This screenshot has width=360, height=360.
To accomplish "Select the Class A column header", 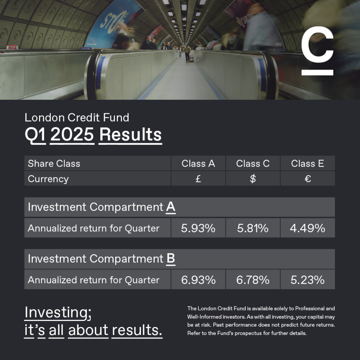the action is [x=198, y=163].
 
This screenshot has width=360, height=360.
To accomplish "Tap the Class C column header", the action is [x=253, y=163].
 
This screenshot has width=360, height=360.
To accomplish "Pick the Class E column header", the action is [x=307, y=163].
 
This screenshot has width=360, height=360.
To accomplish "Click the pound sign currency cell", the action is [x=198, y=179].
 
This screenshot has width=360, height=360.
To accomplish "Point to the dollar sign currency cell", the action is [x=253, y=179].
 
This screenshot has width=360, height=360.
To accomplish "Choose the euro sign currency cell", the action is [x=308, y=179].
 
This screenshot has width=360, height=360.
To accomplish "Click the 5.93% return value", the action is [x=198, y=228].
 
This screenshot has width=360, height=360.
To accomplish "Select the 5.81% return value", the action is [x=253, y=228].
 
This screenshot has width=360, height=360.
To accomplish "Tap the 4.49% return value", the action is [x=307, y=228].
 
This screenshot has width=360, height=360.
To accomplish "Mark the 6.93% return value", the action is [x=198, y=280].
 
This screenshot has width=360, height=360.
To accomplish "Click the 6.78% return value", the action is [x=253, y=280].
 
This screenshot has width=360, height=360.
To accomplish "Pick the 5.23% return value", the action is [x=307, y=280].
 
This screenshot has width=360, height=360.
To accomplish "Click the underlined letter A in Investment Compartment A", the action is [x=171, y=207].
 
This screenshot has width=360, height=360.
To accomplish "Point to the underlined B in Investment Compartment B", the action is [x=171, y=259].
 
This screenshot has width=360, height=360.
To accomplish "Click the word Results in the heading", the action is [x=130, y=135].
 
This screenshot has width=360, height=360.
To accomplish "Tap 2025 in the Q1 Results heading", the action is [x=72, y=135].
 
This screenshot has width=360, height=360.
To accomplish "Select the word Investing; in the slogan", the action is [x=58, y=313].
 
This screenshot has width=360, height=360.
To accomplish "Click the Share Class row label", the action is [x=54, y=163].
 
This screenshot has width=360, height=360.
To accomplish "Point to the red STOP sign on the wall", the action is [x=12, y=47].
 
